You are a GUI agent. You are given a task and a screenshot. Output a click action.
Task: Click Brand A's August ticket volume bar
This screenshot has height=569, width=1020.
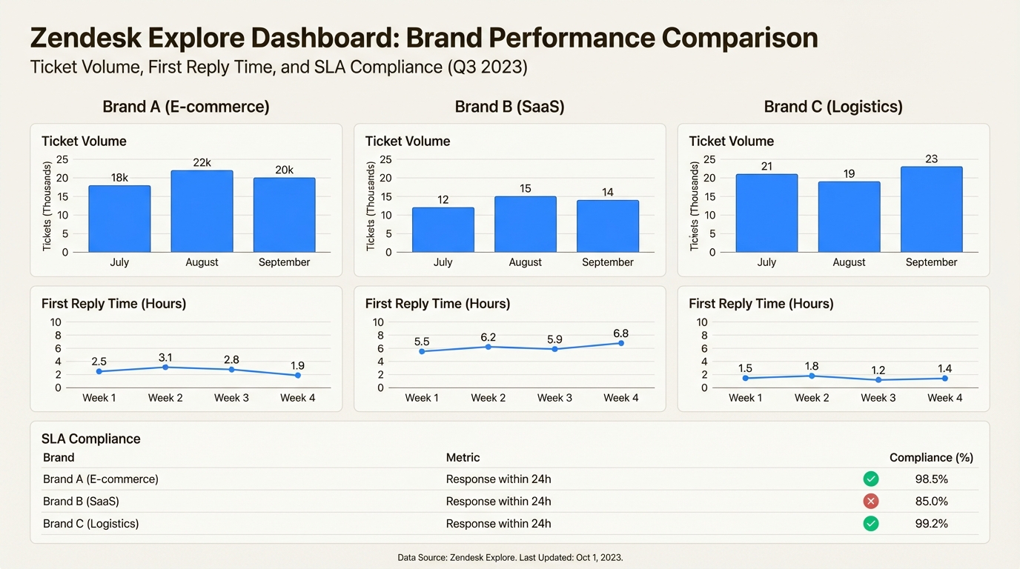pos(202,211)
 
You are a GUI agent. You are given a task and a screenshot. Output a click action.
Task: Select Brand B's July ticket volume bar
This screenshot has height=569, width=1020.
pos(443,230)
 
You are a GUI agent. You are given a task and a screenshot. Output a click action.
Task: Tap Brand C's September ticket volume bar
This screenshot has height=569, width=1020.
pos(931,209)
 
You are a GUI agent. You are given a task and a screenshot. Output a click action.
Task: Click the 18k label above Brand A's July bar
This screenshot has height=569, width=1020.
pos(119,178)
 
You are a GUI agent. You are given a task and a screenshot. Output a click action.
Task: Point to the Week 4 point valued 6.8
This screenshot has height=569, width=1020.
pos(621,343)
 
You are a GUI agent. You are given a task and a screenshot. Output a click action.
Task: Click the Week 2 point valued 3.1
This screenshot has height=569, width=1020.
pos(165,367)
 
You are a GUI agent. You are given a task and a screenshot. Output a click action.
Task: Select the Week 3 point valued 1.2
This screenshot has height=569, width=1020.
pos(878,380)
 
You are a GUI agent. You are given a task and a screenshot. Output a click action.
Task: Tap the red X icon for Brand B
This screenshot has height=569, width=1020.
pos(871,502)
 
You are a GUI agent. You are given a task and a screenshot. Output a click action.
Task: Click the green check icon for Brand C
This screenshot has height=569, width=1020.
pos(871,524)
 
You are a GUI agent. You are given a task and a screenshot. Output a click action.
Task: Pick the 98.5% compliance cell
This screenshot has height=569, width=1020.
pos(931,479)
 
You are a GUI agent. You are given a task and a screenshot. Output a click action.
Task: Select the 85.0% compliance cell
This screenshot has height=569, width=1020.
pos(931,502)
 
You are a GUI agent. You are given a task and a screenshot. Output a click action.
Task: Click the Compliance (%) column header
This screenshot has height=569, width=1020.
pos(931,458)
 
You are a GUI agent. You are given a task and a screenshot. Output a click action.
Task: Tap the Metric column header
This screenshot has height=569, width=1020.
pos(463,458)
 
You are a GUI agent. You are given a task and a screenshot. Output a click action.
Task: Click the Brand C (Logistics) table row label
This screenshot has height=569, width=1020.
pos(90,524)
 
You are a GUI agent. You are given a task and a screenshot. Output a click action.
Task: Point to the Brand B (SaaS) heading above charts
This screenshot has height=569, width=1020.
pos(509,107)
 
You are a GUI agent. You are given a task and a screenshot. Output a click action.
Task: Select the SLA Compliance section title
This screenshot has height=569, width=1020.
pos(90,439)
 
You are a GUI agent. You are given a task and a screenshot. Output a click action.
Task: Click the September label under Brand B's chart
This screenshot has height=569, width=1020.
pos(607,262)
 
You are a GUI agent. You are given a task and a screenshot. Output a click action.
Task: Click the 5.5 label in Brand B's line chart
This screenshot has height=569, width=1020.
pos(421,342)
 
